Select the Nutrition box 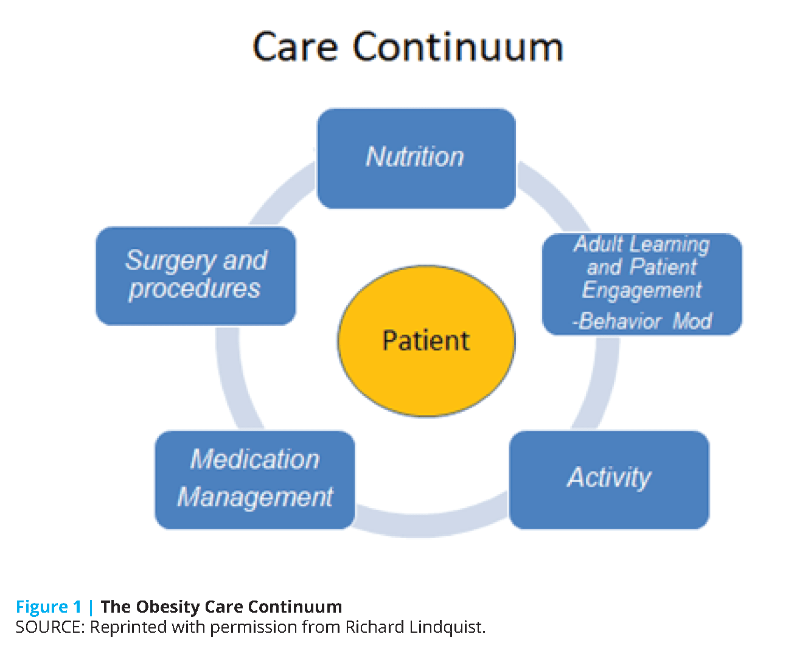click(416, 158)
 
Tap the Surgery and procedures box click(196, 276)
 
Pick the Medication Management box click(255, 479)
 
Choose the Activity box click(609, 479)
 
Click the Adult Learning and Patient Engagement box click(642, 284)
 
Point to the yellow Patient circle click(426, 341)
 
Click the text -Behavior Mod click(642, 321)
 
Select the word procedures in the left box click(195, 288)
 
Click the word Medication click(255, 459)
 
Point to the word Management click(255, 497)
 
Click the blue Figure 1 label click(48, 607)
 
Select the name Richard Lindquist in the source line click(414, 627)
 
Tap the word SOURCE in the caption click(49, 627)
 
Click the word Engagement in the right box click(642, 290)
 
